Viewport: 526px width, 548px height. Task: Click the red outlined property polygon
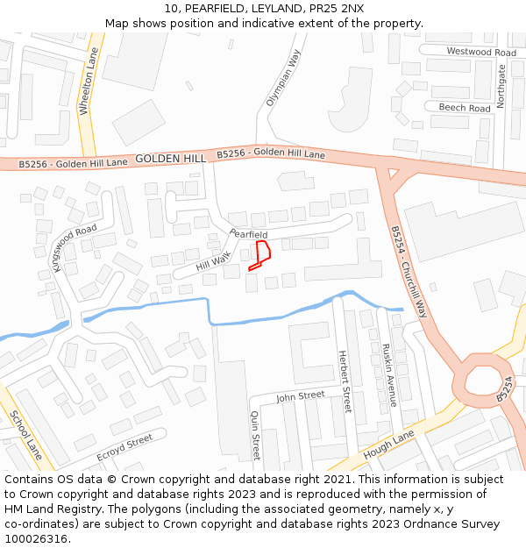pyautogui.click(x=261, y=255)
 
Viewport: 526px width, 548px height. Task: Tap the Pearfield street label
pyautogui.click(x=248, y=234)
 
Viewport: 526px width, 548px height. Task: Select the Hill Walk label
pyautogui.click(x=213, y=259)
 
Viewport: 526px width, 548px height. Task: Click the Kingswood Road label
pyautogui.click(x=74, y=249)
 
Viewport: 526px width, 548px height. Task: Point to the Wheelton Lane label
pyautogui.click(x=89, y=82)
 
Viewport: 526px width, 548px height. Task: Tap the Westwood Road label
pyautogui.click(x=481, y=52)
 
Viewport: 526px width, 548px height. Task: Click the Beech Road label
pyautogui.click(x=464, y=108)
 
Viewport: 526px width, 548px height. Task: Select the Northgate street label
pyautogui.click(x=501, y=86)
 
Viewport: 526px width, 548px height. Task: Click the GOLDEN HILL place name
pyautogui.click(x=171, y=158)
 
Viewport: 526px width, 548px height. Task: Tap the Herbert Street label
pyautogui.click(x=345, y=381)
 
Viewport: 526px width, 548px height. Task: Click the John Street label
pyautogui.click(x=301, y=397)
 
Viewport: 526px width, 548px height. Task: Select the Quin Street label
pyautogui.click(x=255, y=435)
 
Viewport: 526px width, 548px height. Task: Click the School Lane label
pyautogui.click(x=25, y=434)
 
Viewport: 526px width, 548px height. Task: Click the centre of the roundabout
pyautogui.click(x=480, y=381)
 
